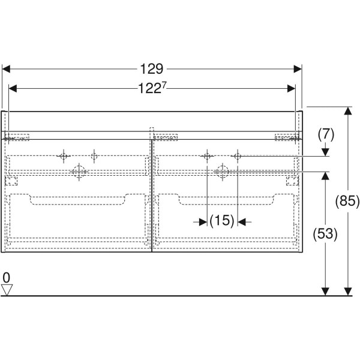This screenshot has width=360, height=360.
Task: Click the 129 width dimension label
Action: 152,68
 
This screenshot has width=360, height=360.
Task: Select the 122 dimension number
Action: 149,88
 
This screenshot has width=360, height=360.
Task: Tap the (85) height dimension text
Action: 347,201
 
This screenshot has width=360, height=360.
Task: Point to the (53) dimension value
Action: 325,234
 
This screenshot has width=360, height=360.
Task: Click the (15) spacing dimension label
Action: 222,221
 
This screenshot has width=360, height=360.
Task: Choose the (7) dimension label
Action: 326,134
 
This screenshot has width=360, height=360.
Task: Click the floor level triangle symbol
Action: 7,290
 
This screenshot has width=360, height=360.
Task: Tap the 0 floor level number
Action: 7,278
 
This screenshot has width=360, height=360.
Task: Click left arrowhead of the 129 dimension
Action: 6,69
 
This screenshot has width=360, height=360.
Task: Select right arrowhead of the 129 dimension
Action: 298,69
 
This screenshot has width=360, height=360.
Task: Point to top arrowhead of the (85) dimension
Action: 348,110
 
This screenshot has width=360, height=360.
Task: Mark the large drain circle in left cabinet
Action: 79,172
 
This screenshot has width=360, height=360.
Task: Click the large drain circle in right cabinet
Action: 222,172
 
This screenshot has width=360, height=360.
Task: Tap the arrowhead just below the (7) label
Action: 325,152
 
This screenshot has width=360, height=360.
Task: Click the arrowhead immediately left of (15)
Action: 203,222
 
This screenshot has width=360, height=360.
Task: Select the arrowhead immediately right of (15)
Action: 242,222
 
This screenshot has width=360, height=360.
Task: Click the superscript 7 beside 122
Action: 164,85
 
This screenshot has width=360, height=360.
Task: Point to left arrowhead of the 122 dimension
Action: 13,88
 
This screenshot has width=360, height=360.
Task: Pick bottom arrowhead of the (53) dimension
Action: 325,292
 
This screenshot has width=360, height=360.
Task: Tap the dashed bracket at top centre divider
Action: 152,133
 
